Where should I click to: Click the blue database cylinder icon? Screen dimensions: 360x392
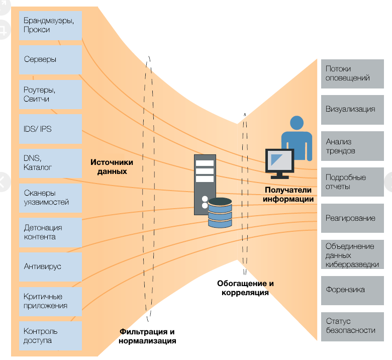coord(220,213)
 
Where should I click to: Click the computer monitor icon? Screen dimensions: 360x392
coord(279,162)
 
